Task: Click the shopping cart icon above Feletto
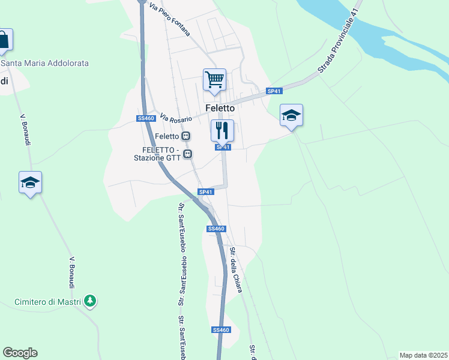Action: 214,79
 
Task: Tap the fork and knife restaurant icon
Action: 222,130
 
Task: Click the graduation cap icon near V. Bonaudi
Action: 30,182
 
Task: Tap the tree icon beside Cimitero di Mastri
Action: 90,301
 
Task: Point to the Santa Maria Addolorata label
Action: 44,63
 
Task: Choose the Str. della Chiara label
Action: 236,270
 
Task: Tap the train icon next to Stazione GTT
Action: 188,154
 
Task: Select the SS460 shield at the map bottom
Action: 221,330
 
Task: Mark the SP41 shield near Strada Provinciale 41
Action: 274,91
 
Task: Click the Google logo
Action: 20,353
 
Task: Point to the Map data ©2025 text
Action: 423,355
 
